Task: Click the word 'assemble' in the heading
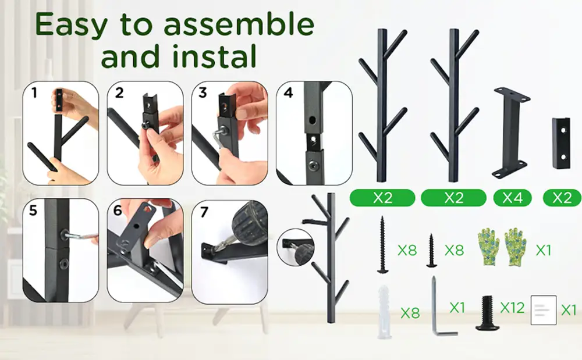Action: coord(239,24)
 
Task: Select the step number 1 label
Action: coord(34,92)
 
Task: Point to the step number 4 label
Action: coord(289,92)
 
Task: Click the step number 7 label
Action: coord(204,212)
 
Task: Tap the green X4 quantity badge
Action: coord(512,198)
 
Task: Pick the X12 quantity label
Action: coord(512,308)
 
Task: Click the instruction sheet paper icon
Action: coord(544,310)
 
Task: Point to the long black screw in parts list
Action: coord(382,245)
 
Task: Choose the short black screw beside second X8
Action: coord(431,250)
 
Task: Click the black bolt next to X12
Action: coord(487,313)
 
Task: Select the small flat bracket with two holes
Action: coord(561,143)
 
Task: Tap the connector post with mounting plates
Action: coord(511,133)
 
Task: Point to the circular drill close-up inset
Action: coord(296,247)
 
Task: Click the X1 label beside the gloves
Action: coord(544,251)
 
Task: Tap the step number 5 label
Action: coord(33,211)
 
